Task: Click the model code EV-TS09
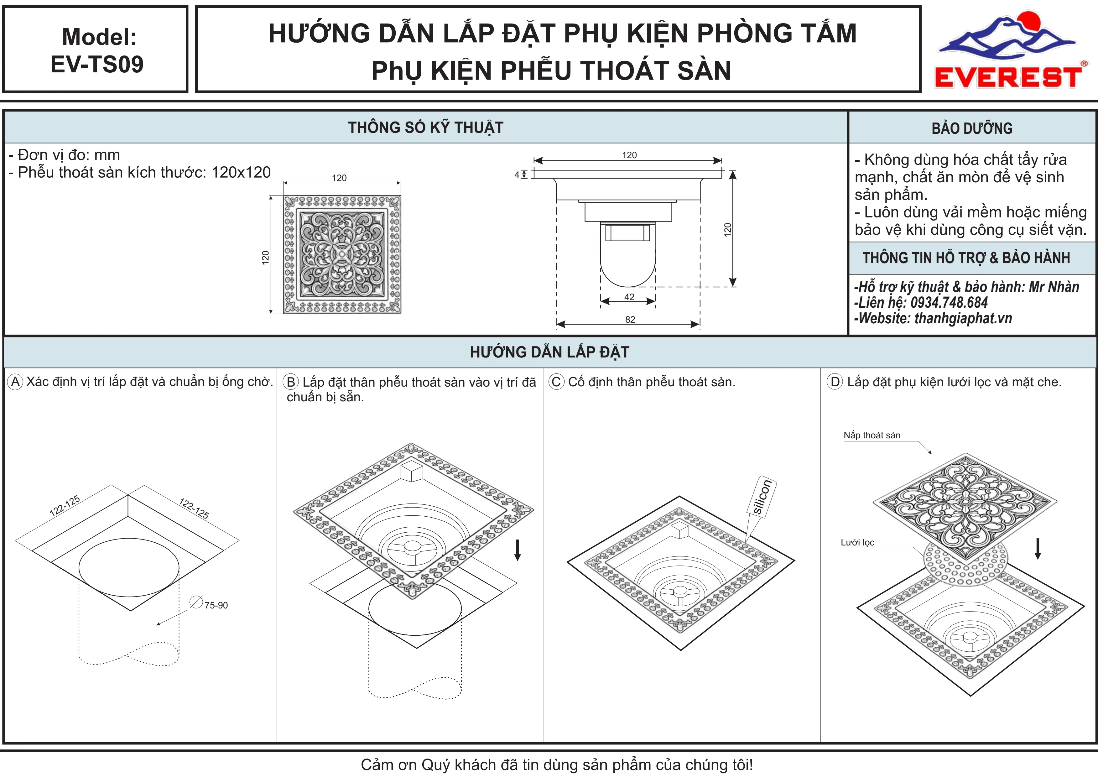(x=97, y=64)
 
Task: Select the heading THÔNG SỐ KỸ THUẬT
(x=426, y=128)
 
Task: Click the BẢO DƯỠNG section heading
(x=972, y=128)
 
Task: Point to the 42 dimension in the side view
(x=629, y=297)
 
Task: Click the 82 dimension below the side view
(x=630, y=319)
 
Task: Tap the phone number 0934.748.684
(x=949, y=302)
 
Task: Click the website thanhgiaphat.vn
(x=963, y=318)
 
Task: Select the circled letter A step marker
(x=15, y=382)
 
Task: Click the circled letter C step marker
(x=556, y=382)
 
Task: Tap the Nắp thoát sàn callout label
(x=872, y=435)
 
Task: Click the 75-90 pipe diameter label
(x=216, y=605)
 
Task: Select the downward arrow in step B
(x=517, y=550)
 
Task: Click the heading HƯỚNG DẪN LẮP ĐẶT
(x=549, y=352)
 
